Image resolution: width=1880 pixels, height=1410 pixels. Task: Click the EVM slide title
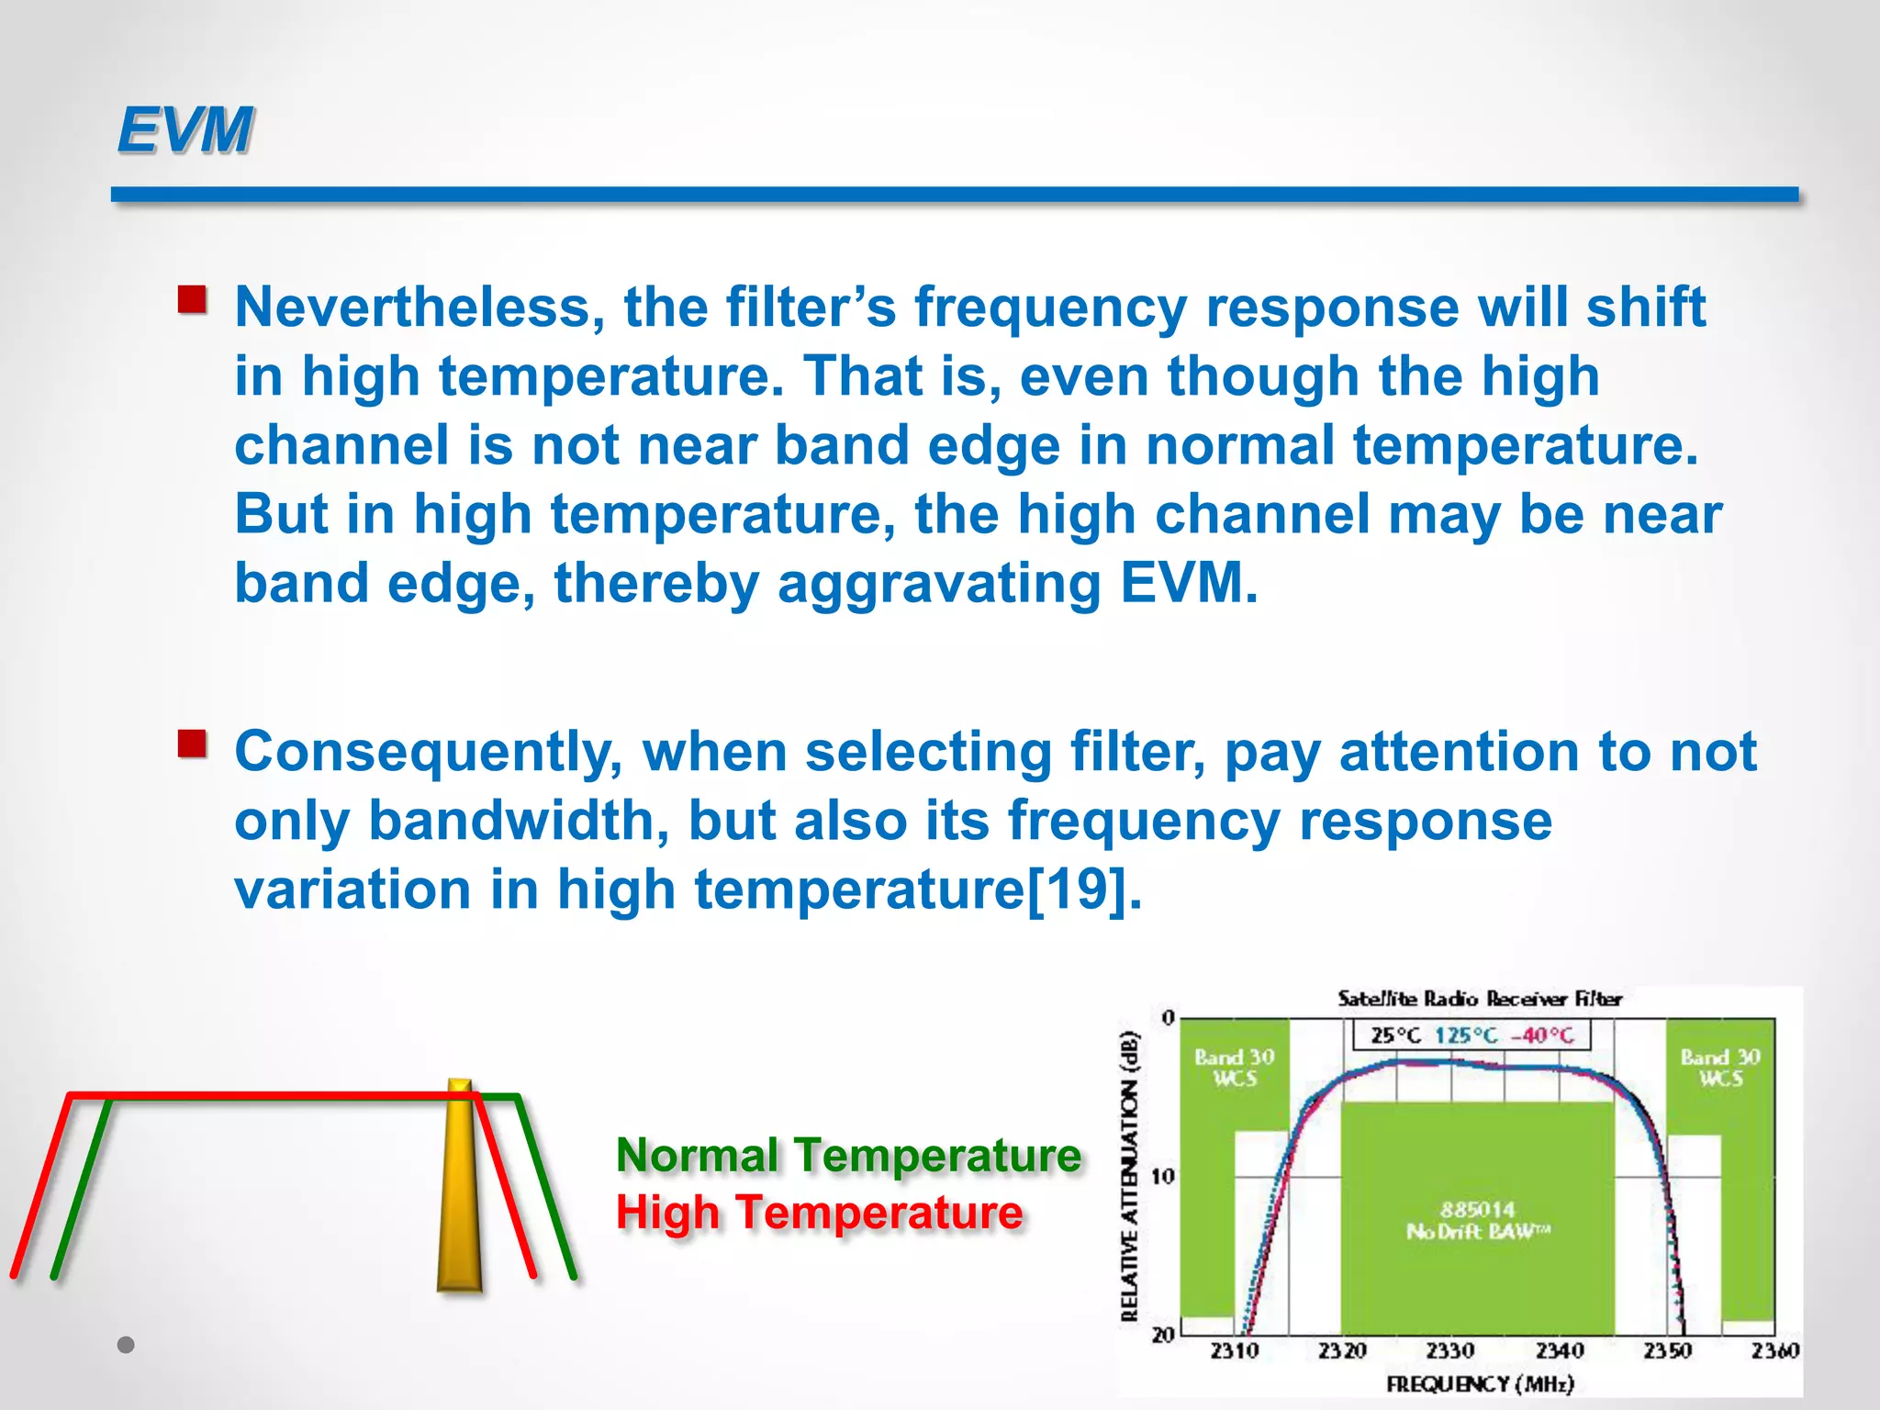click(185, 130)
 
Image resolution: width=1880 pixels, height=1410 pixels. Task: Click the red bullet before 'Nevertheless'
click(192, 300)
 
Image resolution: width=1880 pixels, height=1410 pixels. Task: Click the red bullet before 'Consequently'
click(192, 744)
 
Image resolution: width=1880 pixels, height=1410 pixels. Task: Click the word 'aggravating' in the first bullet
click(938, 584)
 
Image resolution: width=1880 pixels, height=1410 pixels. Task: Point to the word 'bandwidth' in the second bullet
click(519, 820)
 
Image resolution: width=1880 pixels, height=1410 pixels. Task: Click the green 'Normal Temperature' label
click(848, 1155)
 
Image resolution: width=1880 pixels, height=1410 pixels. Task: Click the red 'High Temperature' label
click(819, 1213)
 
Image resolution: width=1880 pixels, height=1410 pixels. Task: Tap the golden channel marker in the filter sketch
click(459, 1189)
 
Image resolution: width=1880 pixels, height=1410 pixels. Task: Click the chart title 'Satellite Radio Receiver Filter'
click(1479, 999)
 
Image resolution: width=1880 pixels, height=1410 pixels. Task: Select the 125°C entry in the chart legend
click(1466, 1035)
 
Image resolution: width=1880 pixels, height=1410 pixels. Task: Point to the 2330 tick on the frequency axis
click(1450, 1350)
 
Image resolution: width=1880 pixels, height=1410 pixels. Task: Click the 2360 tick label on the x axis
click(1774, 1350)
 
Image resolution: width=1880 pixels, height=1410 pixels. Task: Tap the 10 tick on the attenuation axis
click(1162, 1177)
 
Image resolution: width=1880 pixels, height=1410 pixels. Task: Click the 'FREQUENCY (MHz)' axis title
click(1480, 1383)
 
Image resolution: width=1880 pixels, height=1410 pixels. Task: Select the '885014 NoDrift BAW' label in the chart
click(1477, 1220)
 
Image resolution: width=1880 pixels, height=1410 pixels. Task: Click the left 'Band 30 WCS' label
click(1234, 1068)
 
